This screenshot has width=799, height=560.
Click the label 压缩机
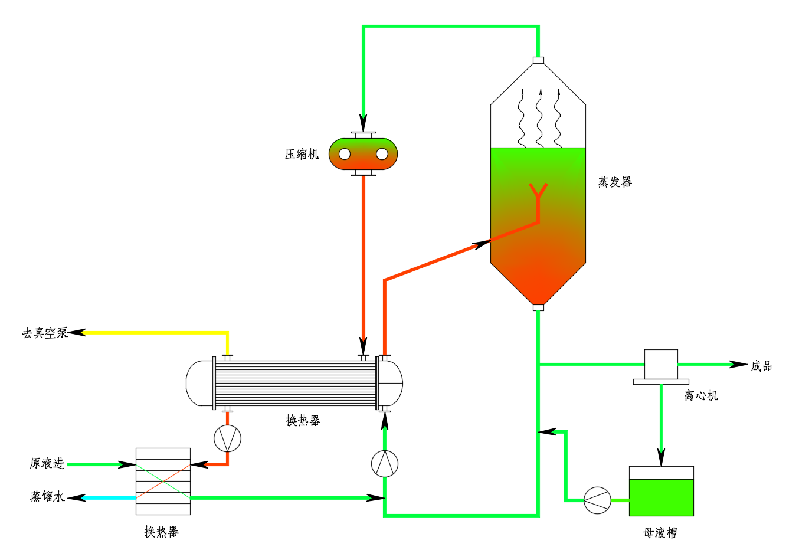click(x=302, y=155)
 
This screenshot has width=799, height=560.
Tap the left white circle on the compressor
click(x=345, y=154)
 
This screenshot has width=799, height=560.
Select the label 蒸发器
click(x=615, y=182)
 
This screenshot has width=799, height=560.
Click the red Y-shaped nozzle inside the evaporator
click(x=538, y=192)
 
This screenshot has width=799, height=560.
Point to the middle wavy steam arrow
click(x=539, y=118)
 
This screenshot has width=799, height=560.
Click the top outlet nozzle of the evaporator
click(x=538, y=60)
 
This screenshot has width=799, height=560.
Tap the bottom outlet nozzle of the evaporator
click(x=538, y=307)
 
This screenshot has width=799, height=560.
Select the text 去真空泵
click(x=45, y=333)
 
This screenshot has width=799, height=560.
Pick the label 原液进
click(x=47, y=464)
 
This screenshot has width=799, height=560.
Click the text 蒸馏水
click(x=48, y=497)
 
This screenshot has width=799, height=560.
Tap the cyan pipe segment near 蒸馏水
click(x=109, y=498)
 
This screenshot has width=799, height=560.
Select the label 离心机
click(x=701, y=396)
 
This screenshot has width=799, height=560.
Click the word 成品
click(x=761, y=366)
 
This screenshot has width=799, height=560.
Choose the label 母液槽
click(x=660, y=533)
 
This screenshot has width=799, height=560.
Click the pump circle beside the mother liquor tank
click(x=597, y=500)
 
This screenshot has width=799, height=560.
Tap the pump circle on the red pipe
click(x=227, y=438)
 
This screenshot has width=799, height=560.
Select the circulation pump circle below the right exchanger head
click(x=385, y=463)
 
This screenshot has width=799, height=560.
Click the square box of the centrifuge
click(x=661, y=364)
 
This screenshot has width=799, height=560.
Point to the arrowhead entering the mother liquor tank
click(x=661, y=457)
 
